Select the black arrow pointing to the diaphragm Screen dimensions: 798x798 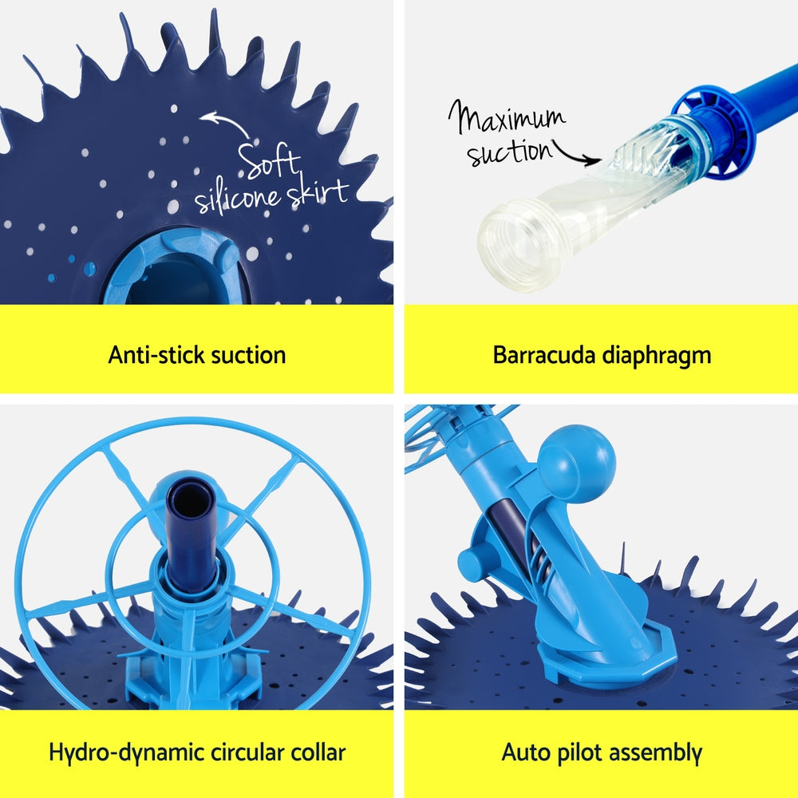click(578, 153)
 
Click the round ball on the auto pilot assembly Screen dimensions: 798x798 click(575, 464)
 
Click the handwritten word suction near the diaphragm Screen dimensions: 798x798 click(509, 151)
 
